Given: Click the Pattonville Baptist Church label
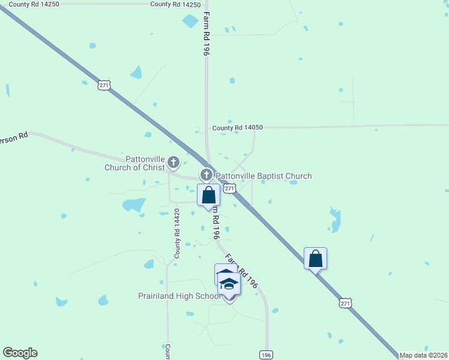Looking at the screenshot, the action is point(264,176).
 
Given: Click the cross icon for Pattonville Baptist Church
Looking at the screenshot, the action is point(206,175).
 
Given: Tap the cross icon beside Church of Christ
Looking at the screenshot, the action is point(173,161).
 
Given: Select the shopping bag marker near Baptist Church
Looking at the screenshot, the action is point(208,195).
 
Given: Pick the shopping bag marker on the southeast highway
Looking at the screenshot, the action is point(315,259).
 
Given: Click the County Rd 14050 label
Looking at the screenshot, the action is point(238,128).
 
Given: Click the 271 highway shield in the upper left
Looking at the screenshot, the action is point(104,85).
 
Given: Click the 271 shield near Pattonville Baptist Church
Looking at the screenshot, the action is point(229,188).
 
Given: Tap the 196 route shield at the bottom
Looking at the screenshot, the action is point(266,355).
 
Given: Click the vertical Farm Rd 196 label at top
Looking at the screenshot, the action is point(206,34).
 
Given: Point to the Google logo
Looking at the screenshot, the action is point(20,353).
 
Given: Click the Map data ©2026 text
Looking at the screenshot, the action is point(424,355).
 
